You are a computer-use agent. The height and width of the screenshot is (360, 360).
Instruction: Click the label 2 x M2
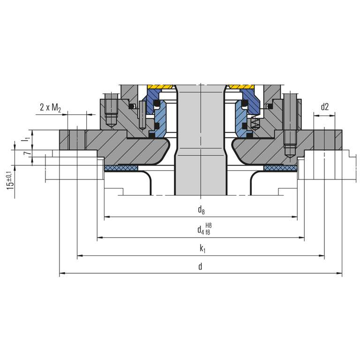[x=50, y=107]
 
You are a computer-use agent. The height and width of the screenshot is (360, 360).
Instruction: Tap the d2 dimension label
[x=325, y=107]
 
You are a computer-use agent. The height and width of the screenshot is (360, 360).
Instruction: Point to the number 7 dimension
[x=27, y=153]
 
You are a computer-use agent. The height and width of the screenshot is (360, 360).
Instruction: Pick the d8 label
[x=201, y=210]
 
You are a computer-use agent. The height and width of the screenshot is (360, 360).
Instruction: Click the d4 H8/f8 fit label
[x=204, y=229]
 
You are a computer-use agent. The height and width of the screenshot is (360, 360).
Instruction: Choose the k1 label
[x=202, y=248]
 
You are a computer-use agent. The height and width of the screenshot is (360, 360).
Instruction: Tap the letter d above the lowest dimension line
[x=200, y=267]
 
